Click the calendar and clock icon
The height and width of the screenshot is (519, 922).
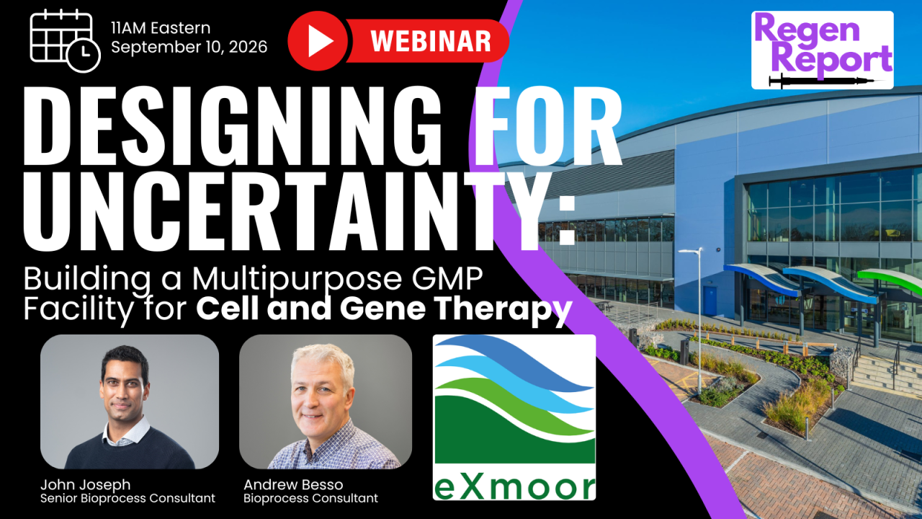pos(65,41)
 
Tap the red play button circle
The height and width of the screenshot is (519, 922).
pos(318,41)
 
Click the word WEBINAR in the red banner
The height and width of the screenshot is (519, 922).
pos(431,41)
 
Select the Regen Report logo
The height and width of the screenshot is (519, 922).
pos(823,50)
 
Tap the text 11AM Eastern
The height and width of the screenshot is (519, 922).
pos(161,28)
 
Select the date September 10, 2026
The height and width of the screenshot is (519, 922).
pos(189,47)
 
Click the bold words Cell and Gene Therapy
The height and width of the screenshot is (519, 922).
pos(384,309)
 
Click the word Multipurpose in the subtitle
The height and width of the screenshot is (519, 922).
pos(297,280)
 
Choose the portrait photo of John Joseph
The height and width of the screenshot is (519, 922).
pos(130,402)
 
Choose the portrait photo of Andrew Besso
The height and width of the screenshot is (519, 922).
pos(326,402)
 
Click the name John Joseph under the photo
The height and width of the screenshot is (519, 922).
pos(85,484)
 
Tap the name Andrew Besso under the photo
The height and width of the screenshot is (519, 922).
pos(293,484)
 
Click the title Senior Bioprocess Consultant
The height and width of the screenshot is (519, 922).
pos(127,498)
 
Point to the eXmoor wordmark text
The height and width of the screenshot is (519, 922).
pos(514,488)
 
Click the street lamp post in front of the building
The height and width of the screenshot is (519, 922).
pos(699,321)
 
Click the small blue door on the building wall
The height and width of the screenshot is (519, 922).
pos(710,301)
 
